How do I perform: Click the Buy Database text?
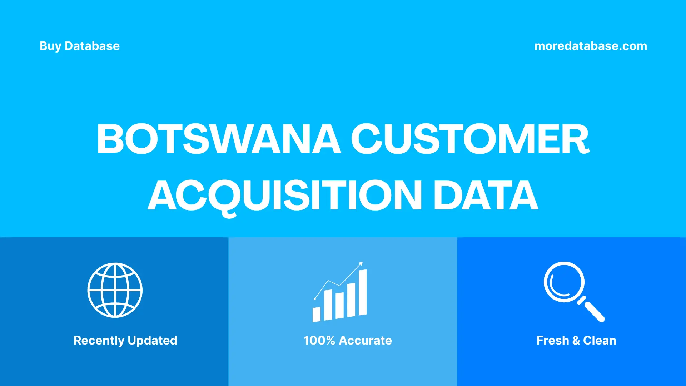point(79,46)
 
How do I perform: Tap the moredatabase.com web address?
point(590,46)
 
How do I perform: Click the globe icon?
point(115,290)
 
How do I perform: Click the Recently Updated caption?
point(125,340)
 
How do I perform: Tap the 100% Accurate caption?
point(348,340)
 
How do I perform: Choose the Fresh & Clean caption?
point(576,340)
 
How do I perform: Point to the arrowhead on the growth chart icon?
point(361,264)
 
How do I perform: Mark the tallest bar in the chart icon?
point(362,292)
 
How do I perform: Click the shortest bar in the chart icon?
point(317,314)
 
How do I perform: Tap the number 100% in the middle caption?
point(319,340)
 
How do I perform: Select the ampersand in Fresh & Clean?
point(576,340)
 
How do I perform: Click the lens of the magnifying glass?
point(564,282)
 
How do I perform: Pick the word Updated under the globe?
point(152,340)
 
